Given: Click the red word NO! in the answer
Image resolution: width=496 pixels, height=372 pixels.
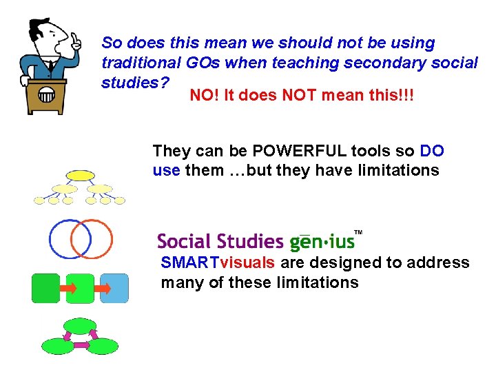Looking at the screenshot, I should click(202, 94).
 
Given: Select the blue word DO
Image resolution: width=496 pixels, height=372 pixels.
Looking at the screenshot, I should click(431, 151).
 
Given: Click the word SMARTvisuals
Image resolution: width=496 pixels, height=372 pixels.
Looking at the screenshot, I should click(218, 262).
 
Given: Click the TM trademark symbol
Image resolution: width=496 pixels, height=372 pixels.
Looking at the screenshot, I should click(358, 233).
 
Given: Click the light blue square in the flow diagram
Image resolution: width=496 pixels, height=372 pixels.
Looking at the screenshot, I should click(114, 288).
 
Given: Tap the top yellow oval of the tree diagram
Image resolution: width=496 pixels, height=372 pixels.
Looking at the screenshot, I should click(80, 175).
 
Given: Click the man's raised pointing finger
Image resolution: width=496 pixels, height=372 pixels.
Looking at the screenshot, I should click(76, 39).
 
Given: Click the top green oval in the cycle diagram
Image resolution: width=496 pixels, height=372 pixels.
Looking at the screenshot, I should click(80, 325).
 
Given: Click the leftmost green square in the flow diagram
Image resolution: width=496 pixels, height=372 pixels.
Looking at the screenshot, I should click(46, 288).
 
